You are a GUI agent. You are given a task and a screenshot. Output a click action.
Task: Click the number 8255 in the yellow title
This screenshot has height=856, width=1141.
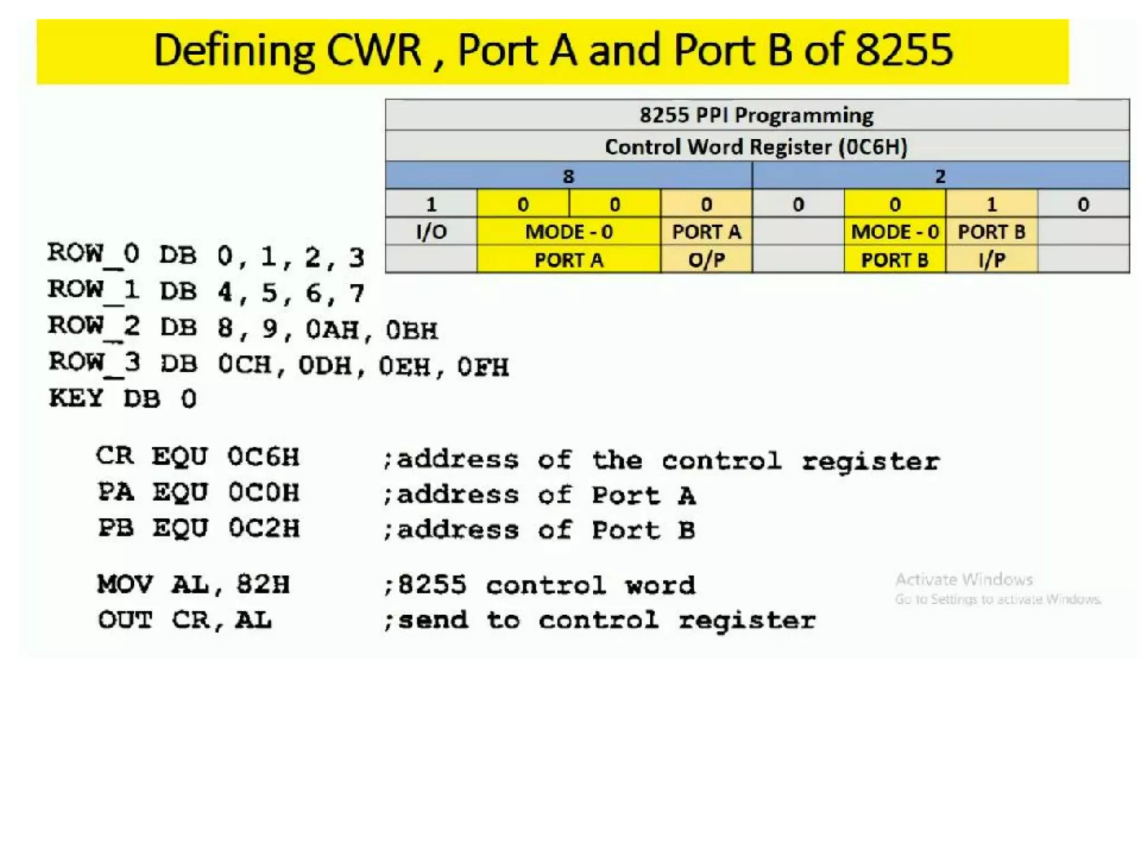[904, 50]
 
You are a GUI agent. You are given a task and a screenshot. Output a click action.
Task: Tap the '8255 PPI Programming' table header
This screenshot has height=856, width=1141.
[757, 115]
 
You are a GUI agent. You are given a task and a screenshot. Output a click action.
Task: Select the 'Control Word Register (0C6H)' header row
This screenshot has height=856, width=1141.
[757, 147]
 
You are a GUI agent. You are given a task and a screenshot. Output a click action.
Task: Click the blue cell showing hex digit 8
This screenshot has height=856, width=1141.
[568, 176]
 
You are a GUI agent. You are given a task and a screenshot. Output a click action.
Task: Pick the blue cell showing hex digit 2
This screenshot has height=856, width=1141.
[940, 176]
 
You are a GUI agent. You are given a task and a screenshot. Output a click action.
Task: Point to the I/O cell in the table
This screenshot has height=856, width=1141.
[431, 231]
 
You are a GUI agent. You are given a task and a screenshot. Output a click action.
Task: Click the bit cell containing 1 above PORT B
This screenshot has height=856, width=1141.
[992, 205]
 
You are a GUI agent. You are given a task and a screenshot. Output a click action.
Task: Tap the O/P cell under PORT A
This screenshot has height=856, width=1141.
[706, 260]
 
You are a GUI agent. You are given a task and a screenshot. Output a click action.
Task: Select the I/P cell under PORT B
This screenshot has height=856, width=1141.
[992, 260]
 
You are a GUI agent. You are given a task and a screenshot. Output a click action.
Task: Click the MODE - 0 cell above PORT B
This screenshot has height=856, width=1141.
[895, 231]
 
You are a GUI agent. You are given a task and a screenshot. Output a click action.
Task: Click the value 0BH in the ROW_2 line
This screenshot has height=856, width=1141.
[412, 330]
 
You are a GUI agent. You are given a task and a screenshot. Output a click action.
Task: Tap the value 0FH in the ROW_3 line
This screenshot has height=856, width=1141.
[483, 367]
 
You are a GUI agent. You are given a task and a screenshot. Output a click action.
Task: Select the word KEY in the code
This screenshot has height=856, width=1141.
[76, 398]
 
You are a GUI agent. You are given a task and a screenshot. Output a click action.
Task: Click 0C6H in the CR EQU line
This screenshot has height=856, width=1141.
[264, 457]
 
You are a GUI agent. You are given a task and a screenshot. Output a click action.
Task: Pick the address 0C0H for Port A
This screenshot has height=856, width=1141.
[264, 493]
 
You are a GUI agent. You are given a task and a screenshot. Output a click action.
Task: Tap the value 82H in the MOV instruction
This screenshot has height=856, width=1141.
[263, 585]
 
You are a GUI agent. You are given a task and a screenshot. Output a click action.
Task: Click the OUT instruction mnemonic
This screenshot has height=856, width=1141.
[125, 620]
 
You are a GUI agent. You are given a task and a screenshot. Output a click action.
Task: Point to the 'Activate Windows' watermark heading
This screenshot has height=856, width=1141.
[964, 580]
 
